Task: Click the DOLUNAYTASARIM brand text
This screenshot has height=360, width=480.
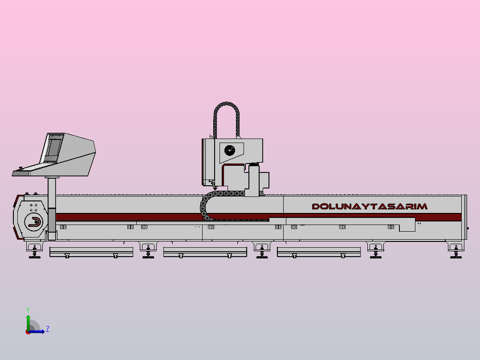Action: point(370,206)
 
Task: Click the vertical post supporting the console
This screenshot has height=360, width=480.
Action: point(52,209)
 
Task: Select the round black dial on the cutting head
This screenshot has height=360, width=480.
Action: point(230,151)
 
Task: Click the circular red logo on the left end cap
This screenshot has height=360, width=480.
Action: point(33,221)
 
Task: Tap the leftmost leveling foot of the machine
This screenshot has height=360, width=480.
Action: point(35,250)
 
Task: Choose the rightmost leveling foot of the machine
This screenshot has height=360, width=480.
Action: point(456,250)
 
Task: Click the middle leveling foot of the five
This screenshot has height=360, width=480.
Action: point(262,250)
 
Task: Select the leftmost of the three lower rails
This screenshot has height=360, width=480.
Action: point(91,252)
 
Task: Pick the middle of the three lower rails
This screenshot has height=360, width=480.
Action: point(205,252)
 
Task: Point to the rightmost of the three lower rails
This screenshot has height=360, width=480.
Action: point(319,252)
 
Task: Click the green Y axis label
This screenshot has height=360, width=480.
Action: point(28,310)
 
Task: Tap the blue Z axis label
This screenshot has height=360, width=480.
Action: point(48,329)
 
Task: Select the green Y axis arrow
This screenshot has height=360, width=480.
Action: point(28,323)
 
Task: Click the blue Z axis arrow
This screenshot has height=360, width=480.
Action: point(37,331)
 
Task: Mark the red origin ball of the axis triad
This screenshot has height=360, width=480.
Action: point(28,332)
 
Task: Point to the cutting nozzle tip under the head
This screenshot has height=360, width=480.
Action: point(215,188)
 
